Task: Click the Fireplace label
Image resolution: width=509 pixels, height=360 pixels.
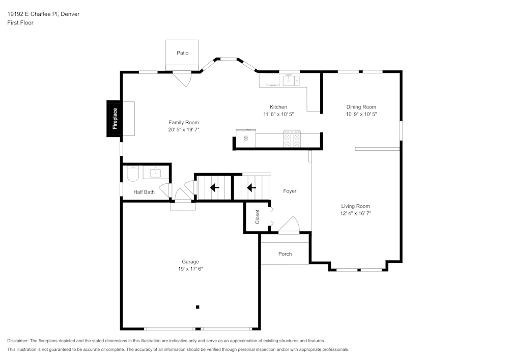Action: click(115, 119)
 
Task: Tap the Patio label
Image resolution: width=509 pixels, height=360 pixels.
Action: click(182, 53)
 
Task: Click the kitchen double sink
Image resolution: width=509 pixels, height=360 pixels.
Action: click(291, 79)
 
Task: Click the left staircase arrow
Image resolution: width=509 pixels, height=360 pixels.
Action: click(215, 188)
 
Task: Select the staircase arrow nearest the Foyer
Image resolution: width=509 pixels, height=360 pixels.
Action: click(251, 188)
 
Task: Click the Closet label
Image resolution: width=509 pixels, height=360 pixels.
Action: click(258, 217)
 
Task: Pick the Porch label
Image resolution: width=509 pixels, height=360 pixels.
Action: click(285, 254)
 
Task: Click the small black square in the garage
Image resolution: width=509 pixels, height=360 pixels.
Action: click(197, 307)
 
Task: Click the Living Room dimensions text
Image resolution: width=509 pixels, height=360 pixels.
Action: click(355, 213)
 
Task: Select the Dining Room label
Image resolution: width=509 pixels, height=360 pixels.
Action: click(361, 107)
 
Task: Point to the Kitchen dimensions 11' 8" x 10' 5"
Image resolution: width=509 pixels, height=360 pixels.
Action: click(278, 114)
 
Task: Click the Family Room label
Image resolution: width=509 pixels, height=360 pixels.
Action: click(184, 122)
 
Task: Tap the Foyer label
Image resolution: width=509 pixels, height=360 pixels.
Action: click(290, 191)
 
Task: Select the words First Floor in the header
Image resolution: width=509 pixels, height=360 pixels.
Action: click(20, 23)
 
